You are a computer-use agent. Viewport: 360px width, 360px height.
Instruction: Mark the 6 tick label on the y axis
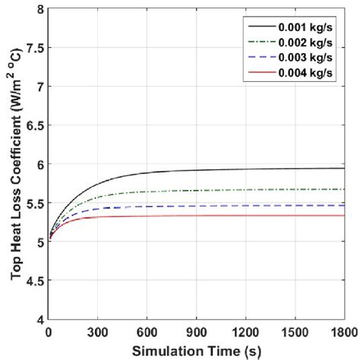(x=38, y=164)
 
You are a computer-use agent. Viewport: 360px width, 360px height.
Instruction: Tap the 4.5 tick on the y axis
(x=33, y=280)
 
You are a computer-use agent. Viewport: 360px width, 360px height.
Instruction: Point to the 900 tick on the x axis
(x=197, y=332)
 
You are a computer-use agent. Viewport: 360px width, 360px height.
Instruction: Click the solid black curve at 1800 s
(x=343, y=169)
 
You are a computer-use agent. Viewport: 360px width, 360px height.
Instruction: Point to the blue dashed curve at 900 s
(x=197, y=206)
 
